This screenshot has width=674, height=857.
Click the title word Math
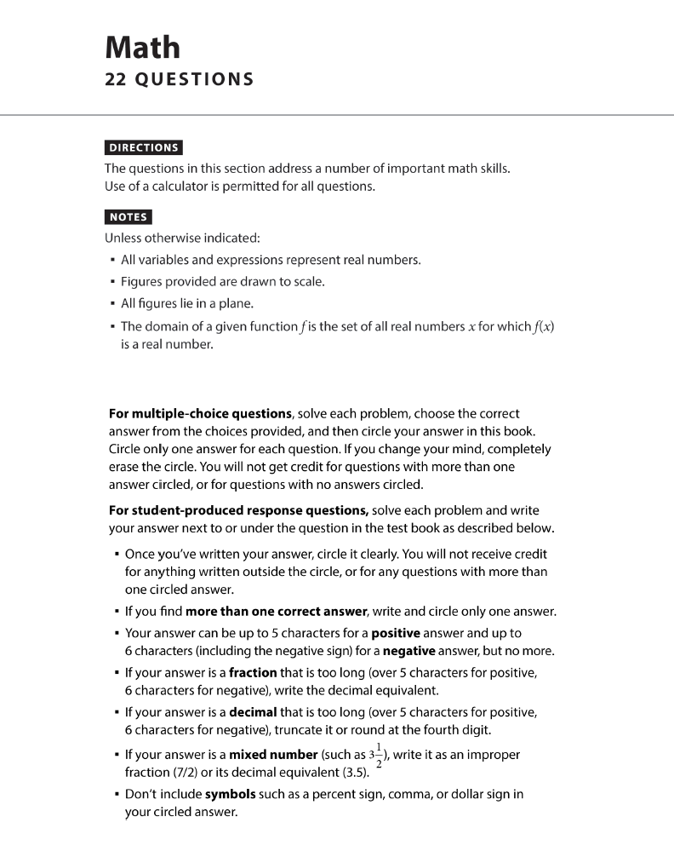[142, 47]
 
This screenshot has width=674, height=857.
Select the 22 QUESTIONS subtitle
[179, 79]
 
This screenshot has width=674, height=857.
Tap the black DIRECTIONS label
[143, 147]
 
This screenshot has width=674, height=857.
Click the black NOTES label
[129, 216]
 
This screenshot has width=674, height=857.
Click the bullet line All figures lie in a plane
[187, 303]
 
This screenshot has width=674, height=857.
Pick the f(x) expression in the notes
[541, 326]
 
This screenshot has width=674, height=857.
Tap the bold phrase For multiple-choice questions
[201, 413]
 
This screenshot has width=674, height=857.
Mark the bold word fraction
[254, 673]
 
